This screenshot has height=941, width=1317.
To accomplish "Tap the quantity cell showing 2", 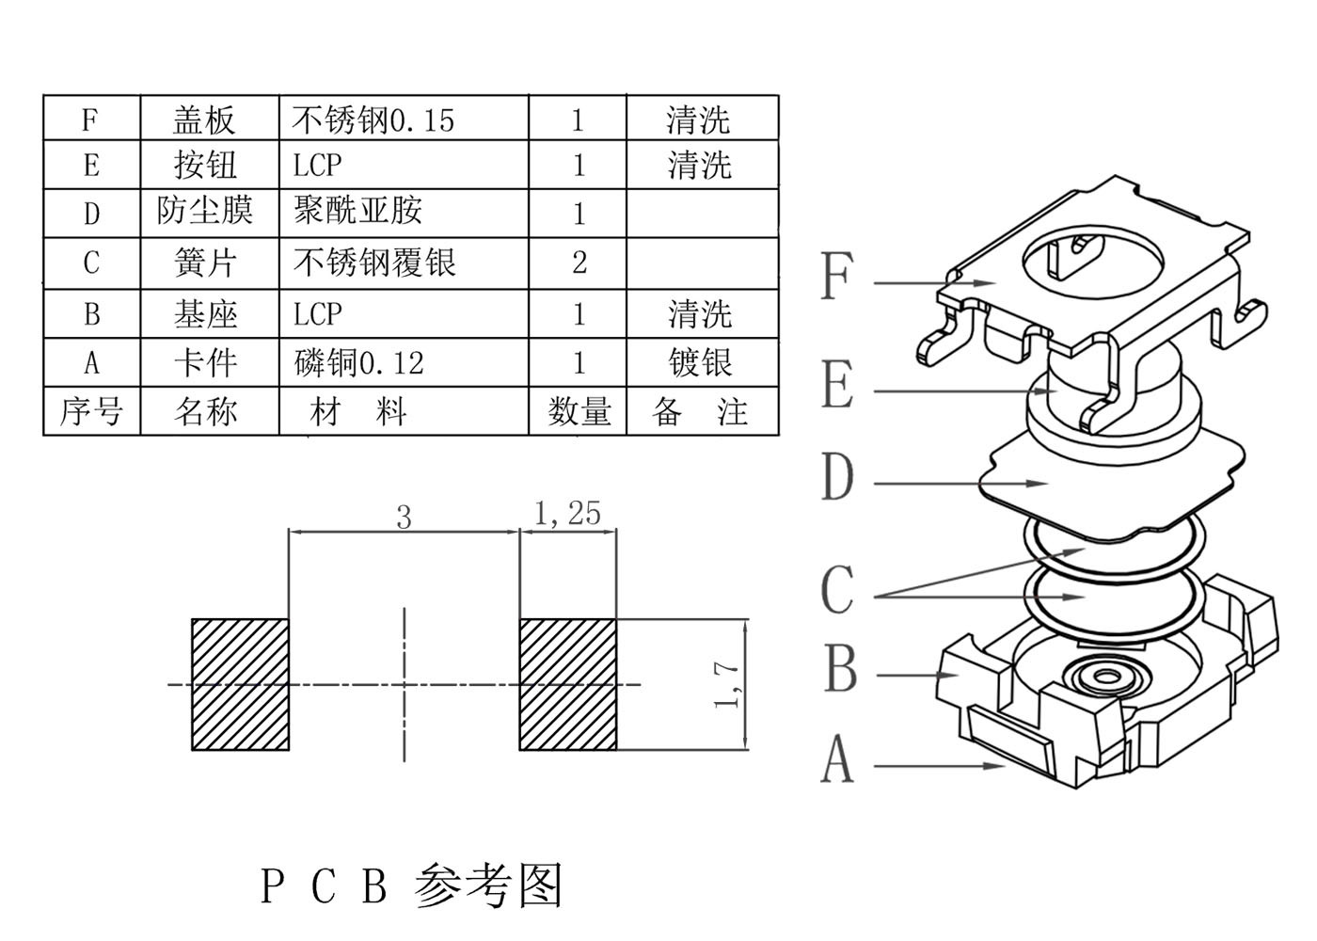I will pyautogui.click(x=579, y=262).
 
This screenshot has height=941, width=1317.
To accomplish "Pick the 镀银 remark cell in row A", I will pyautogui.click(x=701, y=362).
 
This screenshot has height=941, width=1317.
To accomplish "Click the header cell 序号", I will pyautogui.click(x=91, y=411).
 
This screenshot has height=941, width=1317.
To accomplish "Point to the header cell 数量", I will pyautogui.click(x=579, y=411).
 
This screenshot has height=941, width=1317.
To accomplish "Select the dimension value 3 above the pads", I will pyautogui.click(x=404, y=517).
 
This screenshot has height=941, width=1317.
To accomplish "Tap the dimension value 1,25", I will pyautogui.click(x=567, y=513).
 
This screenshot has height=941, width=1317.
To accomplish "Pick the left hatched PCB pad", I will pyautogui.click(x=240, y=684).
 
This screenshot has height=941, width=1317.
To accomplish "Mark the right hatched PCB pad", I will pyautogui.click(x=568, y=684).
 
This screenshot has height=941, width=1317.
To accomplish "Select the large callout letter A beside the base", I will pyautogui.click(x=837, y=760).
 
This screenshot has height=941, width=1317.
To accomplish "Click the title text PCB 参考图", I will pyautogui.click(x=411, y=885).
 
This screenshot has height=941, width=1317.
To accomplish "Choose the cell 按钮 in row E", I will pyautogui.click(x=206, y=165).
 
